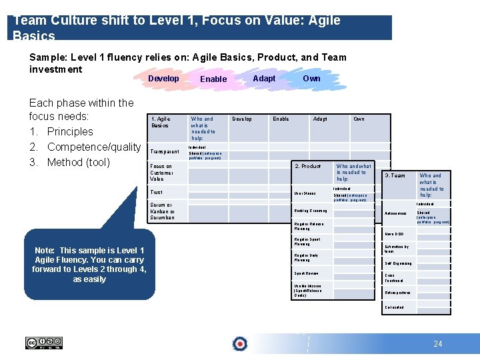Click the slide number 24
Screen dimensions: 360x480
[437, 344]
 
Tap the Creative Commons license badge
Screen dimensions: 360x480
[44, 343]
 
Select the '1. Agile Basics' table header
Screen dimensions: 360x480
[161, 122]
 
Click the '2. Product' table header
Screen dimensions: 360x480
[308, 166]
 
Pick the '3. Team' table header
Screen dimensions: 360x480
[395, 176]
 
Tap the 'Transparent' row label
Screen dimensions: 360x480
[165, 152]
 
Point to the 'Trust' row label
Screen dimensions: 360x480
[156, 192]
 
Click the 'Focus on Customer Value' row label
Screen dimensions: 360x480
[161, 173]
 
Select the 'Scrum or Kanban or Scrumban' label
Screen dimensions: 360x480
[162, 211]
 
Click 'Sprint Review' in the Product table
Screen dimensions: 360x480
[306, 273]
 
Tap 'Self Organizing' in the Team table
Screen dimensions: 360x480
[398, 263]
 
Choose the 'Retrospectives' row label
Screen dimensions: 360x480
[397, 293]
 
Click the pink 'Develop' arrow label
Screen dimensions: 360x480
[163, 79]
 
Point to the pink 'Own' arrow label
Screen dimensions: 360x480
[311, 79]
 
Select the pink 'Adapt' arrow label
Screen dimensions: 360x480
[264, 79]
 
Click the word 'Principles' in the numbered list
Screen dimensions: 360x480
[70, 131]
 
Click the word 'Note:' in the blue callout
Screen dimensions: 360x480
[47, 249]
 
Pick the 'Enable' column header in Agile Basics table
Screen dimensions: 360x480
[281, 119]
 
